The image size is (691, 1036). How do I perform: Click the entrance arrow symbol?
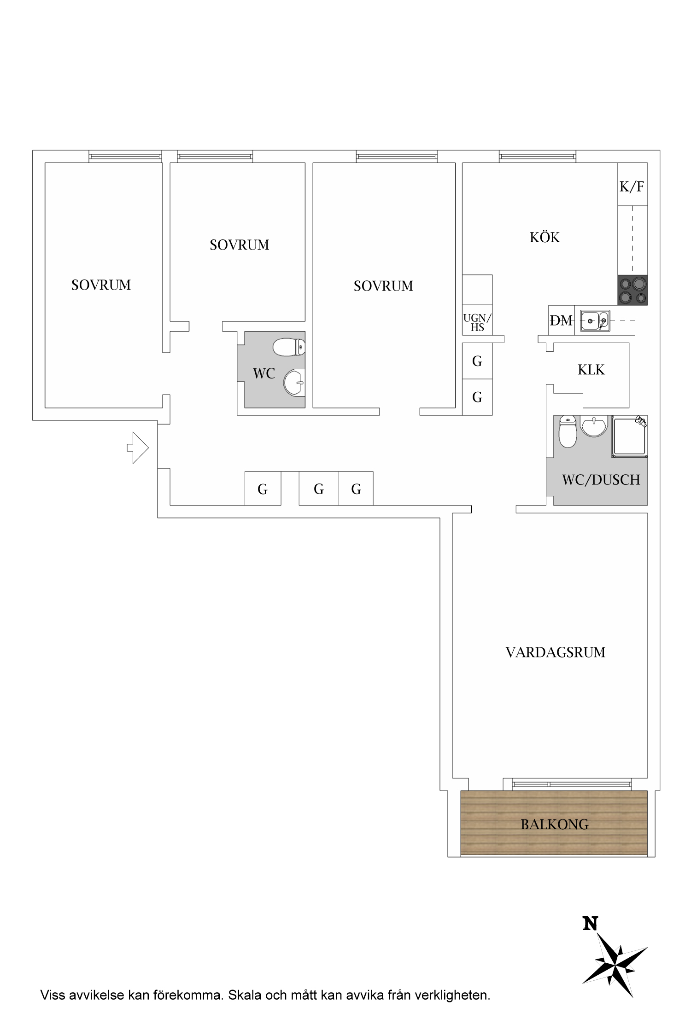coord(138,448)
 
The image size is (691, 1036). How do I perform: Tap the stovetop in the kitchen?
coord(632,290)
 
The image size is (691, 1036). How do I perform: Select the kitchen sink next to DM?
coord(595,320)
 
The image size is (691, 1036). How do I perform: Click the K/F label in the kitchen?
coord(632,186)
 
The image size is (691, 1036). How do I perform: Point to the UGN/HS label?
coord(477,322)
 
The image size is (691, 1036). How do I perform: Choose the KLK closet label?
coord(591,370)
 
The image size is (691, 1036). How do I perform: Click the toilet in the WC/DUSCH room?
coord(568,432)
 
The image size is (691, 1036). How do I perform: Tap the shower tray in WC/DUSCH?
coord(629,437)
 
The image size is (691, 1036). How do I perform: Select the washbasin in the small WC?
coord(294,382)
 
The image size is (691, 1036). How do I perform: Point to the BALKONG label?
coord(555,824)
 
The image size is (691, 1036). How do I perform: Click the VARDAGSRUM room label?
coord(556,652)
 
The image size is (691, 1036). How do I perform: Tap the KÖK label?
coord(545,237)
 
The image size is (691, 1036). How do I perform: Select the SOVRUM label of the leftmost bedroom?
coord(101,285)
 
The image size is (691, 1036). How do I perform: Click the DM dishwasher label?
coord(561,320)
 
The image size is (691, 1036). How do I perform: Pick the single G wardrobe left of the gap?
coord(263,489)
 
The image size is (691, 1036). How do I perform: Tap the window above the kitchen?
coord(538,157)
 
